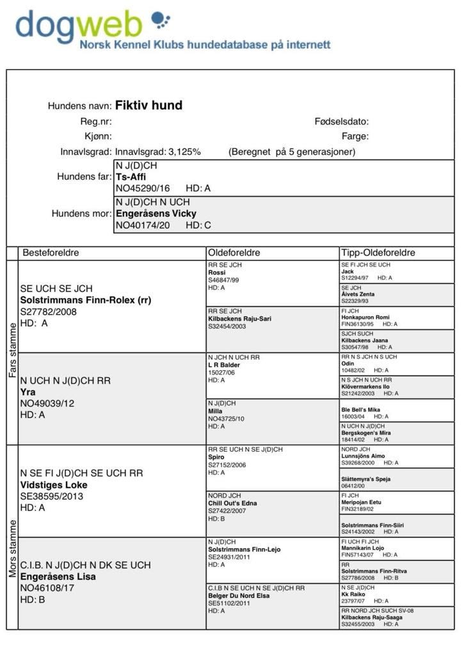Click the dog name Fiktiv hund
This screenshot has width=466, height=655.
pos(149,106)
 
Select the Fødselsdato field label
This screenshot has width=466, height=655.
pos(341,121)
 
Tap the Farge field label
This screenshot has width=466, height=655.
pos(355,136)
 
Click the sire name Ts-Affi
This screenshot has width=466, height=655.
pos(131,177)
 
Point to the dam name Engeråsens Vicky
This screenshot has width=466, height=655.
pos(156,213)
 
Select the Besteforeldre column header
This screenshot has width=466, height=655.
pos(51,253)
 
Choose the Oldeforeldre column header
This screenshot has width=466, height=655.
pos(234,253)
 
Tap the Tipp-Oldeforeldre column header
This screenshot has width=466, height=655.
pos(378,253)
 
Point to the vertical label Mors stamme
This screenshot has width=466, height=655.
pos(12,547)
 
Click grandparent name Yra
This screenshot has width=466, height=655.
pos(28,392)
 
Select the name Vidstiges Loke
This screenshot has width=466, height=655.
pos(54,485)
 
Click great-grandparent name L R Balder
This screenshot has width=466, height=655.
pos(224,365)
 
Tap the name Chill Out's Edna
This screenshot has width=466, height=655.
pos(232,503)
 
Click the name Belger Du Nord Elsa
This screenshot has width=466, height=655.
pos(239,595)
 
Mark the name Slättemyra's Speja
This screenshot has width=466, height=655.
pos(366,479)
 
